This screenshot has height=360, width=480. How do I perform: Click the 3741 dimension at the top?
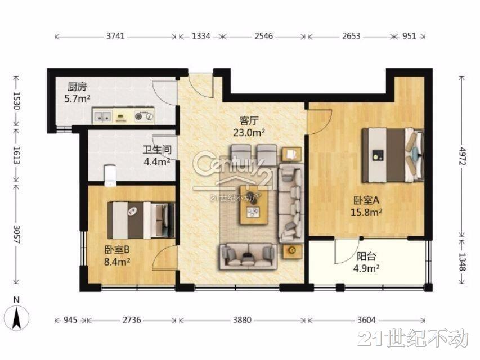[x=115, y=36]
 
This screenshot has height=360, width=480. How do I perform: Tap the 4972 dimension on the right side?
[x=462, y=156]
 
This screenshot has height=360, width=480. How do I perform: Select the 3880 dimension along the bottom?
[x=242, y=320]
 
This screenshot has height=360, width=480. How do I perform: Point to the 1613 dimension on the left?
[x=17, y=155]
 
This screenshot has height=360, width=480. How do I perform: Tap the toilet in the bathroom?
[x=110, y=175]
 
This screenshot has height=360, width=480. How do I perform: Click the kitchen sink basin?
[x=102, y=116]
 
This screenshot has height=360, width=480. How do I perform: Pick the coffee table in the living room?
[x=254, y=205]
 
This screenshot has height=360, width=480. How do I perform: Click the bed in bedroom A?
[x=393, y=155]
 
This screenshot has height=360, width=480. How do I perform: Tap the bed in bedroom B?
[x=141, y=220]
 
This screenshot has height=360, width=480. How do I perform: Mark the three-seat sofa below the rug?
[x=248, y=256]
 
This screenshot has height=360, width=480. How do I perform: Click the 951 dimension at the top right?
[x=409, y=36]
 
